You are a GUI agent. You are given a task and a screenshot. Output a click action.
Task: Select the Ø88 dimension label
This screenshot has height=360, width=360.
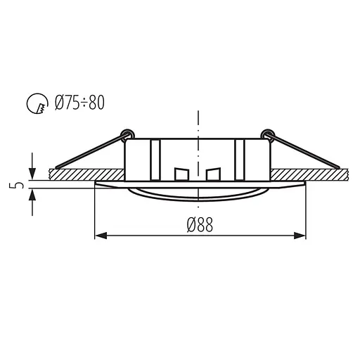tap(200, 224)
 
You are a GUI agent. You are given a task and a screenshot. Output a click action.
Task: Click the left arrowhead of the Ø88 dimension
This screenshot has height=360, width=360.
tap(99, 235)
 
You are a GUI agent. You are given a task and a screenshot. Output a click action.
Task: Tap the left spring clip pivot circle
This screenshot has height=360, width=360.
tap(126, 133)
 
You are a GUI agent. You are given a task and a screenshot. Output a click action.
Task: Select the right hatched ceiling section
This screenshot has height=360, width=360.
tap(309, 173)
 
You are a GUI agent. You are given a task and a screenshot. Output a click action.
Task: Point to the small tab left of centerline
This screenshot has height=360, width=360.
tap(181, 174)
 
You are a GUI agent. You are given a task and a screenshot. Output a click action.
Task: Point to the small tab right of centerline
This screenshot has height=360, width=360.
tap(214, 174)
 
